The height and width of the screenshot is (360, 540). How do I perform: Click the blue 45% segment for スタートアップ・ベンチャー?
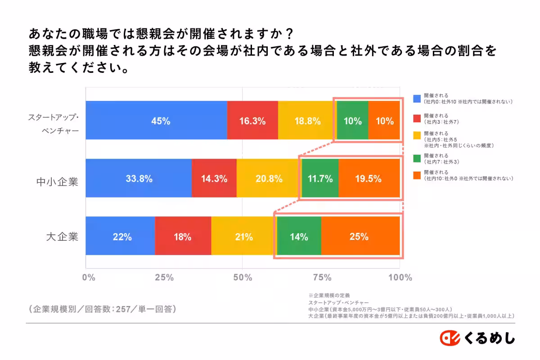(156, 120)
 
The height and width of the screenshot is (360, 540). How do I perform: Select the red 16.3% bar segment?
(252, 120)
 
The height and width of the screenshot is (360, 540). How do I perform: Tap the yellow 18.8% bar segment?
(307, 120)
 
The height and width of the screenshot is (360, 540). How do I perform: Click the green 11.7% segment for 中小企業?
(320, 178)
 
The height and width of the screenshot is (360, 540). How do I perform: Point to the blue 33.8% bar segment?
(139, 178)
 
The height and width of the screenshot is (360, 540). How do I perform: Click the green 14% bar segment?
(299, 236)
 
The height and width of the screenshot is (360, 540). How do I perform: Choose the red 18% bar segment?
(183, 236)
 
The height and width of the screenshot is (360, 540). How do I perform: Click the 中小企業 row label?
(57, 182)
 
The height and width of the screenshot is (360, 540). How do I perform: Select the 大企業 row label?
(62, 236)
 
